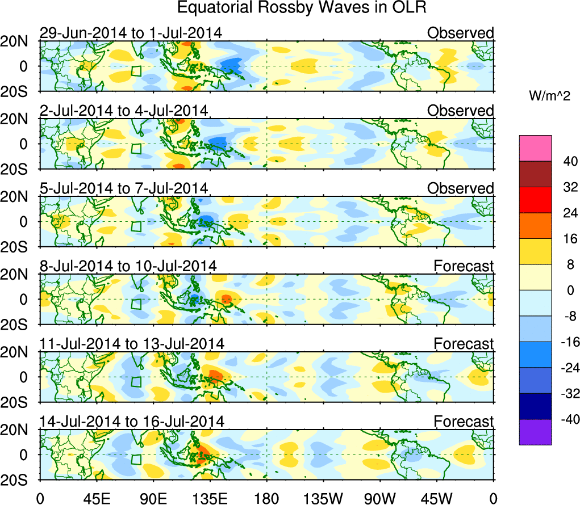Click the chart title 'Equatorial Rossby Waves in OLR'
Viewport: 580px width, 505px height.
tap(301, 8)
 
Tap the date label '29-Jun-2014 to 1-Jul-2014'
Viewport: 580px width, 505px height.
tap(130, 33)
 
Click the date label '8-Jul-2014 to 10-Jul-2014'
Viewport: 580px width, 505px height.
tap(127, 266)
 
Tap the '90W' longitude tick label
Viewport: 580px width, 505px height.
tap(380, 498)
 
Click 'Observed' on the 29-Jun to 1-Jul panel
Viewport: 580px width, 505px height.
tap(461, 33)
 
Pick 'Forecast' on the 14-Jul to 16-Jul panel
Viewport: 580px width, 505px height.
tap(464, 421)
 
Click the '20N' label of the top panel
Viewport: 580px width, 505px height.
tap(18, 41)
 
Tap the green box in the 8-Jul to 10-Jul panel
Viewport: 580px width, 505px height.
tap(136, 304)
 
